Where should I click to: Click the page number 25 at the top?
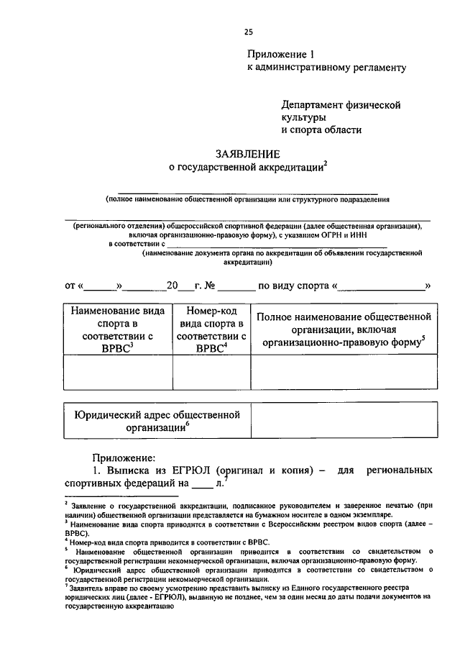pos(248,32)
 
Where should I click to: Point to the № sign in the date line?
pos(211,286)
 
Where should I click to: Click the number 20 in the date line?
pos(172,286)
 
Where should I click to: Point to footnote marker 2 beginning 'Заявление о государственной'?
pos(65,504)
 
